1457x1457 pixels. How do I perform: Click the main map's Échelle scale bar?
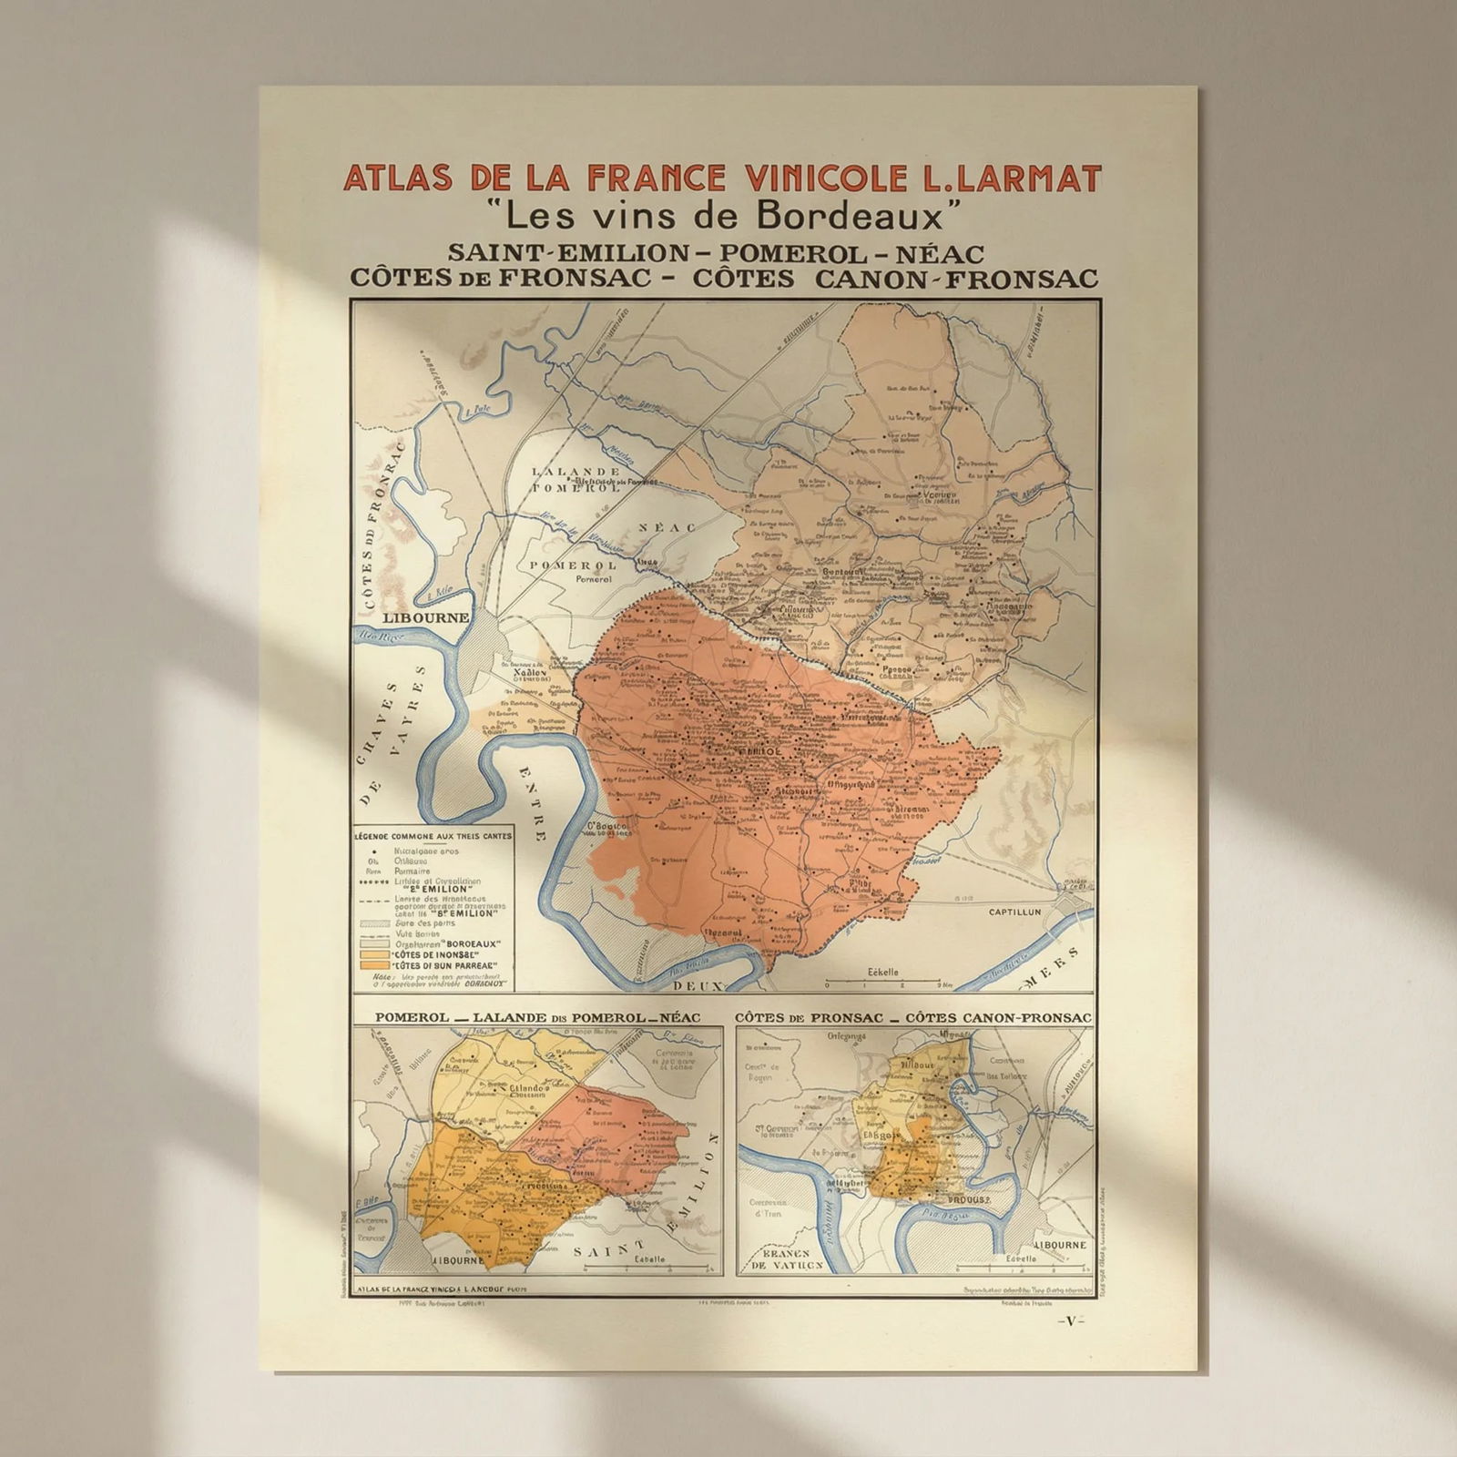click(x=882, y=982)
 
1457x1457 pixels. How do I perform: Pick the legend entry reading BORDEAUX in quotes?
click(x=451, y=944)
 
